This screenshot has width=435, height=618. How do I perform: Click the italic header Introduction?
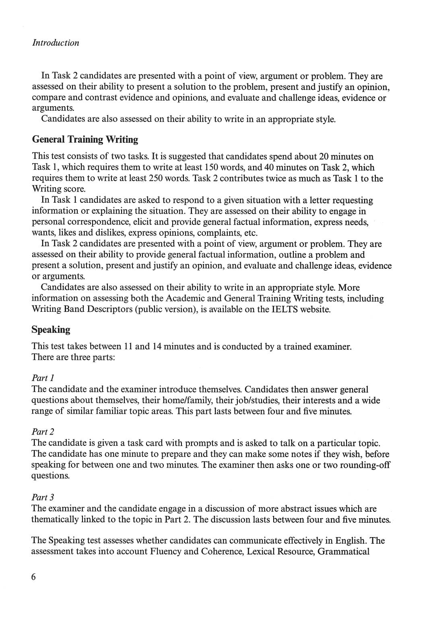[56, 43]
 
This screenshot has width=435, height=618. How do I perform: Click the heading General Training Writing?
[85, 140]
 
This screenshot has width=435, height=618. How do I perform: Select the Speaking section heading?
[51, 330]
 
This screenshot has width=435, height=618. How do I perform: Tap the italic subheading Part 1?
[43, 378]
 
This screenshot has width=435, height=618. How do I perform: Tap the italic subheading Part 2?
[43, 432]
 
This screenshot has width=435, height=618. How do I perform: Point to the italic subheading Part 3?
[43, 497]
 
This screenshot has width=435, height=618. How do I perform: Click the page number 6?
[33, 577]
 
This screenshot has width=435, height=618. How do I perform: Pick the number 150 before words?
[211, 167]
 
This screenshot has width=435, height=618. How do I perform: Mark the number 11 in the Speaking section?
[128, 346]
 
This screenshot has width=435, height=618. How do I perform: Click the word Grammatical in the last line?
[343, 552]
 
